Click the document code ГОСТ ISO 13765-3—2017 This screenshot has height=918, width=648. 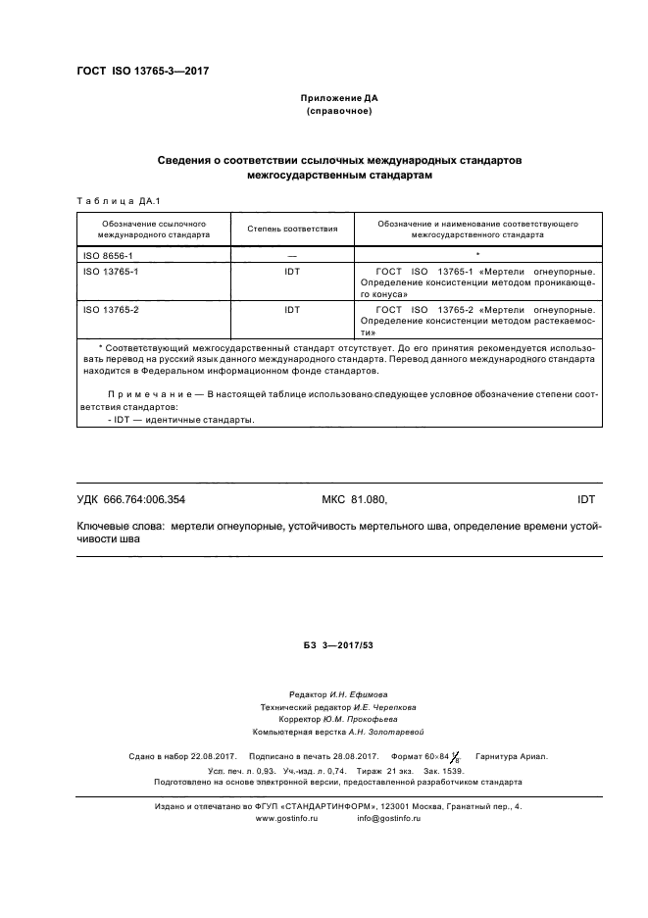point(142,72)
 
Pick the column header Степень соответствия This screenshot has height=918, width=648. point(291,229)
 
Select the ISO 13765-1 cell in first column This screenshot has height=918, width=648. point(110,271)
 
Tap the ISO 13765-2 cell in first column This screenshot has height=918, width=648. point(110,309)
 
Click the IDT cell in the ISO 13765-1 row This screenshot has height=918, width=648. point(291,271)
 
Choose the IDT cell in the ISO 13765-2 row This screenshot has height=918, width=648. point(291,309)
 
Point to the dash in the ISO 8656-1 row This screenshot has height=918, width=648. point(291,254)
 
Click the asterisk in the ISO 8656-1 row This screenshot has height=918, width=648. point(476,254)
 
